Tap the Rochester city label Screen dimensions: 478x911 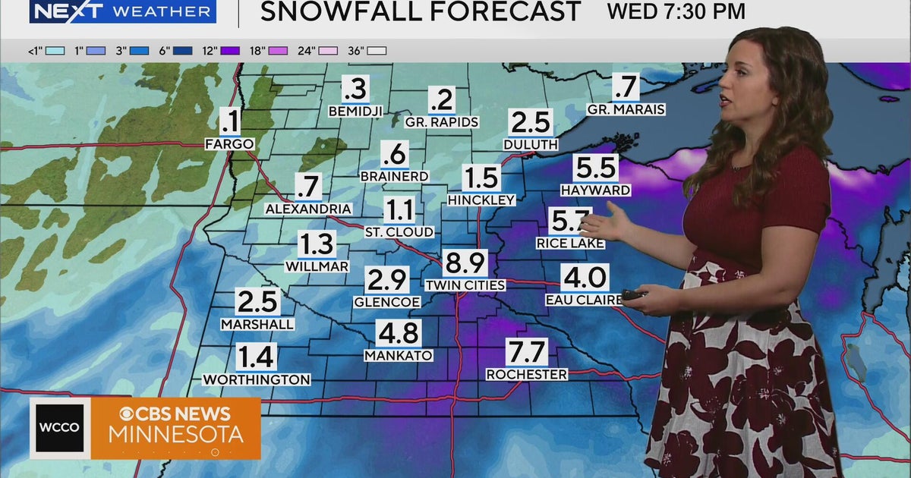526,374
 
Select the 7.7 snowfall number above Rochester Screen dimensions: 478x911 527,352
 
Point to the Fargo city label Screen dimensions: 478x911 229,143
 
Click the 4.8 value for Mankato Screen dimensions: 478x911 399,333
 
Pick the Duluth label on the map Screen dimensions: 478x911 530,143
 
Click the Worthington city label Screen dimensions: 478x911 257,379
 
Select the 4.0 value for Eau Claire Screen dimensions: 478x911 584,277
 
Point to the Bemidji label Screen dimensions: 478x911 354,111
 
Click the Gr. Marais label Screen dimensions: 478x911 626,109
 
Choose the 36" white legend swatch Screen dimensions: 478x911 377,51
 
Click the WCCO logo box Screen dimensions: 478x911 60,428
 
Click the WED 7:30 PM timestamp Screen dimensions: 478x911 676,11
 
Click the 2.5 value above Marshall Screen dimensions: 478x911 257,302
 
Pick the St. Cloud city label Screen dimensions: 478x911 399,231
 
